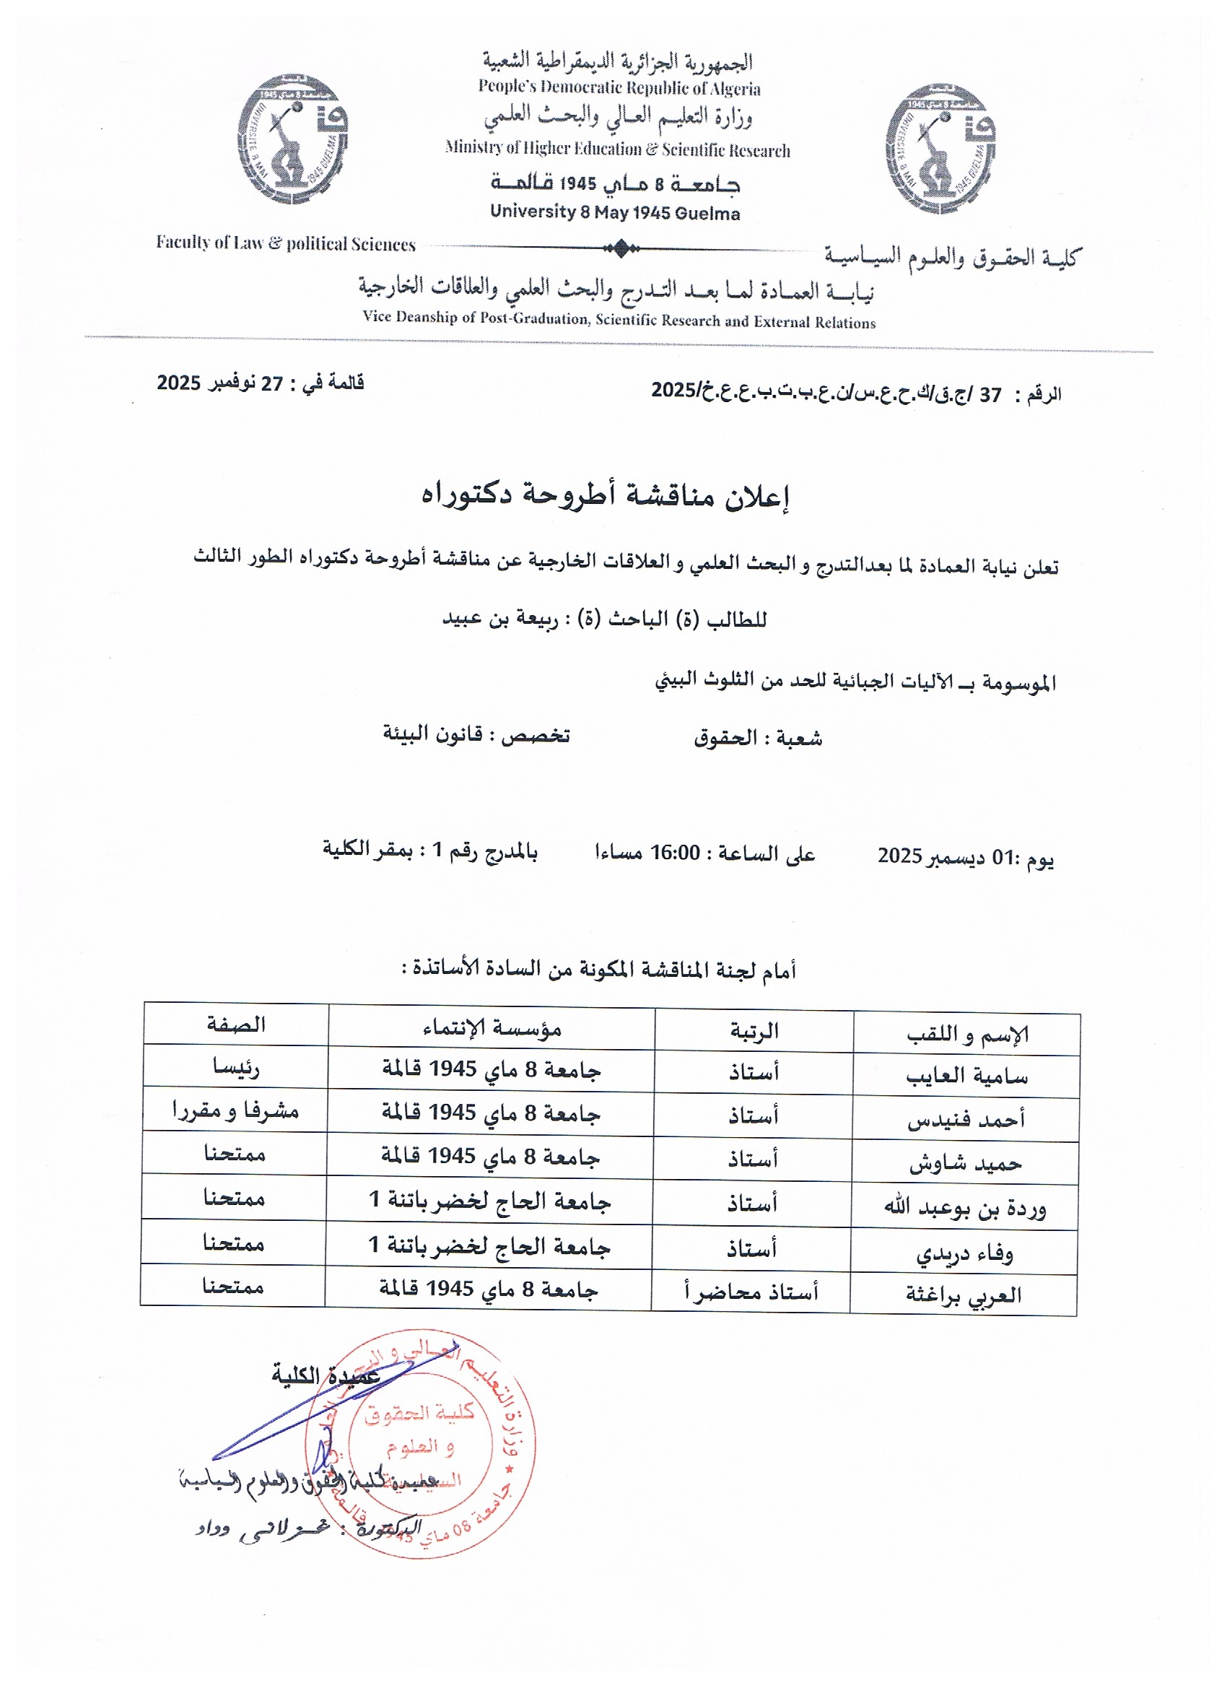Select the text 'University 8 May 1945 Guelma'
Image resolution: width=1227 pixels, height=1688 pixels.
(615, 213)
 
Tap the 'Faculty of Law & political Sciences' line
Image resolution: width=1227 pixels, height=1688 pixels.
(286, 243)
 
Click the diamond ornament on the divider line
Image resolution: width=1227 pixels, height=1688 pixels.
(621, 248)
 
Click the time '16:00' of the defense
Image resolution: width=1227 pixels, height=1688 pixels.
(676, 852)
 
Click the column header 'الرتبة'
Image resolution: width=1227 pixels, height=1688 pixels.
(754, 1030)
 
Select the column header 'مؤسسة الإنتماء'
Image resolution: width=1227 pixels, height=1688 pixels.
(492, 1028)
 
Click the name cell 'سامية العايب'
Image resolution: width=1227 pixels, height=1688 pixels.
(966, 1076)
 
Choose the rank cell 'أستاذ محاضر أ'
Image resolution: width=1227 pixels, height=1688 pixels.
(751, 1293)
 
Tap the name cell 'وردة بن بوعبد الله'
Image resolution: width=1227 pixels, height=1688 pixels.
(964, 1207)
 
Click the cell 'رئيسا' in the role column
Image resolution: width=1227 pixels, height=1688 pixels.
(235, 1067)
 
